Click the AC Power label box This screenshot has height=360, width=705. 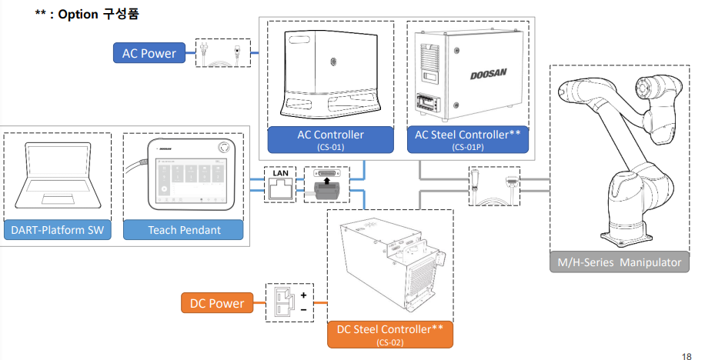click(149, 54)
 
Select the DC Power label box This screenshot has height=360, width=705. click(217, 303)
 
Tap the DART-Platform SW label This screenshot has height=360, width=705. click(58, 229)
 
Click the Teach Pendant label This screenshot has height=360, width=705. click(184, 229)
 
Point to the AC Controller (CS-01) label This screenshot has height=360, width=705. click(330, 138)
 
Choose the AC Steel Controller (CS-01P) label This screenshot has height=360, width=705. click(467, 138)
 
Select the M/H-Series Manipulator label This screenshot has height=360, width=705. click(620, 262)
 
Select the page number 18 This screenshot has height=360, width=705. click(687, 355)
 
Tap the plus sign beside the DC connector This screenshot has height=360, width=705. click(303, 295)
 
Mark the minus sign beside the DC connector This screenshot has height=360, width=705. click(303, 309)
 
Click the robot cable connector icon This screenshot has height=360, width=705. click(494, 186)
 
